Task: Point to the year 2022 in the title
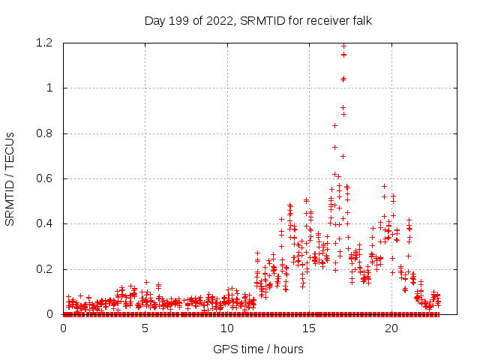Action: [x=215, y=20]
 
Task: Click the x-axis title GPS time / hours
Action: [x=258, y=349]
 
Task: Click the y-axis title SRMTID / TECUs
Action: [x=10, y=178]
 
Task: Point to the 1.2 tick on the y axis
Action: [x=47, y=43]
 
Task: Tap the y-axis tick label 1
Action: [x=51, y=88]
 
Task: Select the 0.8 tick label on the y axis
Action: [x=47, y=133]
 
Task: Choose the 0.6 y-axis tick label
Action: [x=47, y=178]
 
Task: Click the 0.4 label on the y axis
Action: [x=47, y=223]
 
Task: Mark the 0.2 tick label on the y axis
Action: [x=47, y=269]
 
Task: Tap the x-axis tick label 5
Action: [x=145, y=328]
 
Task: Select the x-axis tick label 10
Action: [x=226, y=328]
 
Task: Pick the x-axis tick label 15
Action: [x=308, y=328]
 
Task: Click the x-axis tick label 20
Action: [x=390, y=328]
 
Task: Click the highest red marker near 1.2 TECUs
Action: [x=343, y=46]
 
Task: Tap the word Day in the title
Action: [x=154, y=20]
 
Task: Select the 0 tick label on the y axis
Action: [x=51, y=314]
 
